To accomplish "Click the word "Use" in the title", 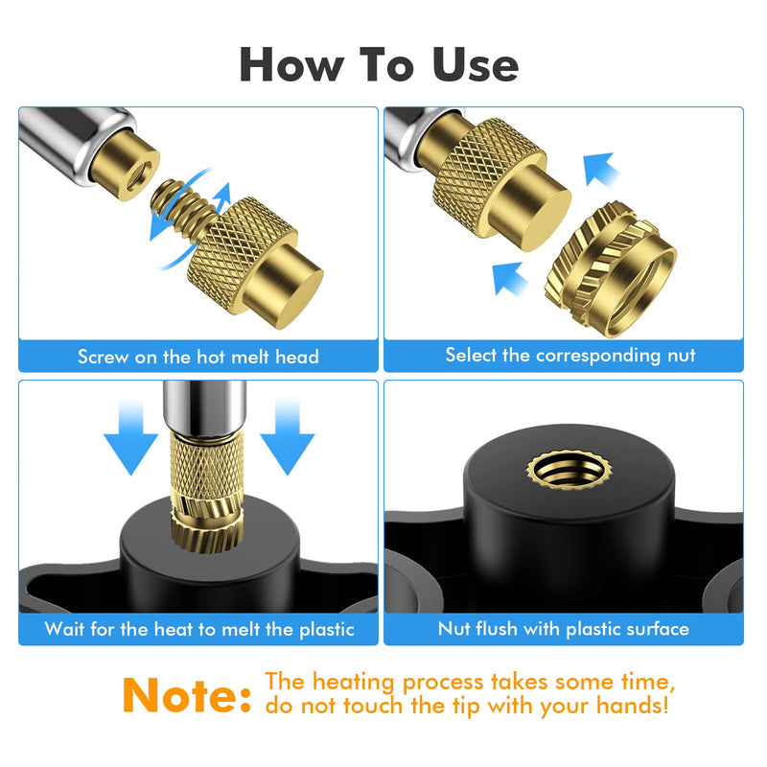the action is pyautogui.click(x=475, y=64).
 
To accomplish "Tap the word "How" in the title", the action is pyautogui.click(x=291, y=64).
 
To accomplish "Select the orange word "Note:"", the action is pyautogui.click(x=187, y=695).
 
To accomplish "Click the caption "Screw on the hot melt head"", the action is pyautogui.click(x=198, y=357).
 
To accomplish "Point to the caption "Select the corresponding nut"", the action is pyautogui.click(x=570, y=356).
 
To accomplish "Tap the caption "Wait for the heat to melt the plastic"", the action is pyautogui.click(x=199, y=629).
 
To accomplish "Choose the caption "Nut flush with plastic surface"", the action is pyautogui.click(x=564, y=629).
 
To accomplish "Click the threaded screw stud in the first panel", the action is pyautogui.click(x=183, y=206).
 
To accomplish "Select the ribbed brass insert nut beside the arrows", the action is pyautogui.click(x=611, y=269).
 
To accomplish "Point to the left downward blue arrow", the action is pyautogui.click(x=130, y=436).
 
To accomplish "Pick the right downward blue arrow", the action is pyautogui.click(x=287, y=436).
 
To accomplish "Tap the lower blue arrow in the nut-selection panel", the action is pyautogui.click(x=510, y=279).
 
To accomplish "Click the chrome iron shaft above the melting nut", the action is pyautogui.click(x=204, y=407).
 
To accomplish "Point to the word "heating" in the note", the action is pyautogui.click(x=353, y=683).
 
